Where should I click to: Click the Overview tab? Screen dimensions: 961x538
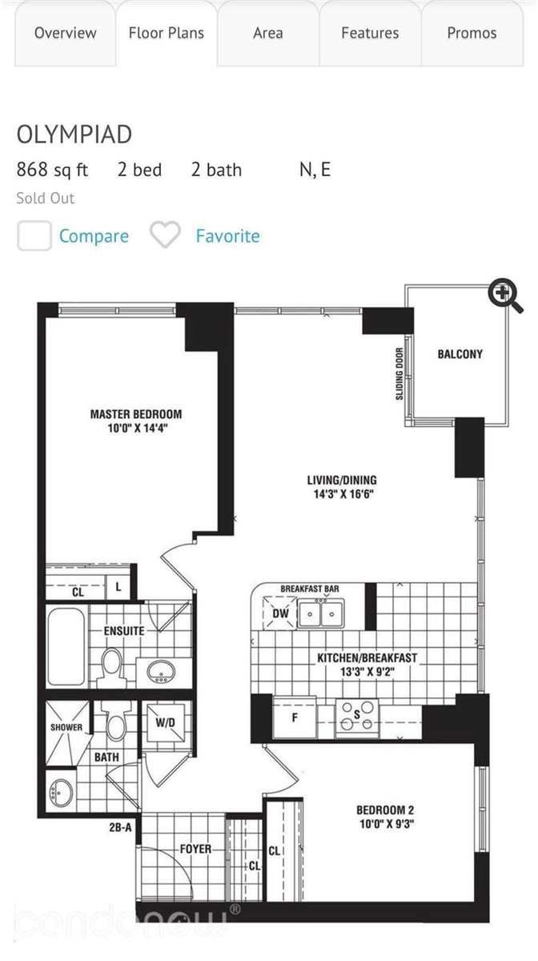click(x=65, y=33)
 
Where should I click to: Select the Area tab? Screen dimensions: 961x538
click(x=267, y=33)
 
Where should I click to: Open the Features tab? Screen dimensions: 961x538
click(x=369, y=33)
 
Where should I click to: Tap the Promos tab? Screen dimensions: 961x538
click(x=472, y=33)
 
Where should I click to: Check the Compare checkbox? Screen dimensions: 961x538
click(x=34, y=236)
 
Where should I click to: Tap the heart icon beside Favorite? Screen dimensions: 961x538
click(x=166, y=235)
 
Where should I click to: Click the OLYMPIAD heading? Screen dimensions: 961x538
click(x=74, y=135)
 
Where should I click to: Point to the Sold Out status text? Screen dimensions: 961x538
click(x=45, y=198)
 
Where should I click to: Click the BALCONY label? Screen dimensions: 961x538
click(x=460, y=353)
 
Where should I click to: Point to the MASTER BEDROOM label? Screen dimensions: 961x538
click(x=135, y=414)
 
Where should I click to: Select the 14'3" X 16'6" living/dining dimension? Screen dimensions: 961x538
click(x=341, y=493)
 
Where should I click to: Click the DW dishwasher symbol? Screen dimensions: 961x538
click(x=281, y=613)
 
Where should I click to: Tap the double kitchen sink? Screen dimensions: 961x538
click(x=319, y=613)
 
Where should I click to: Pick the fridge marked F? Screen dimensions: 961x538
click(x=294, y=718)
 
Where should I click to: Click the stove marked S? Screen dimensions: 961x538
click(x=357, y=717)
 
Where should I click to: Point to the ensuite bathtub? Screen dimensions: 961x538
click(x=66, y=647)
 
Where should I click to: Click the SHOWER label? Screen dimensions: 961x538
click(x=66, y=727)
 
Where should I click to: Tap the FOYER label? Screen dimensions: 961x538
click(x=195, y=849)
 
